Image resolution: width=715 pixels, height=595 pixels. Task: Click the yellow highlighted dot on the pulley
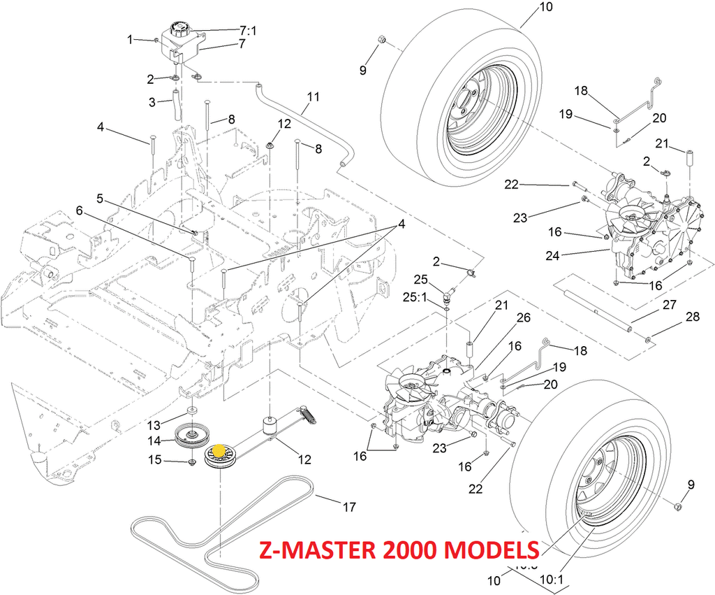pos(219,452)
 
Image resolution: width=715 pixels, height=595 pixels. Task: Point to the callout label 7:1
pos(249,31)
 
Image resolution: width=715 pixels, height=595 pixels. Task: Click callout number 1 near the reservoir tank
pos(130,40)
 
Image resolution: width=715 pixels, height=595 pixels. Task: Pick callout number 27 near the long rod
pos(670,305)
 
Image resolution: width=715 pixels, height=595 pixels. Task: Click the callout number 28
pos(692,318)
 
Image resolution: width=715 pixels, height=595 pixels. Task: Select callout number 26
pos(523,317)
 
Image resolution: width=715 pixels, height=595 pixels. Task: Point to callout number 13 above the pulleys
pos(154,424)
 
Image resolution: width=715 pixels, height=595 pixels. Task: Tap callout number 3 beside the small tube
pos(152,102)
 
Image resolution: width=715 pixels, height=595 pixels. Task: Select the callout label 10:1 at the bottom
pos(552,579)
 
